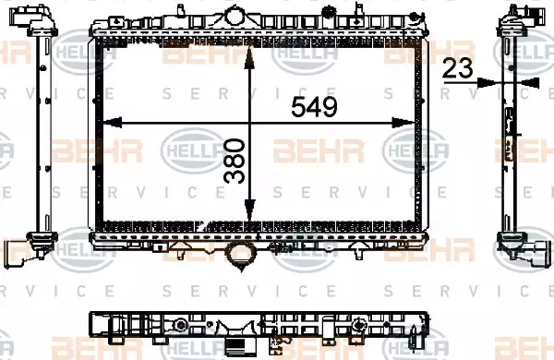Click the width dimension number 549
pos(315,107)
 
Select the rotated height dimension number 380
pos(235,162)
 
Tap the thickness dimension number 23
pos(457,68)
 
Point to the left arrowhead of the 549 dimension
pos(112,123)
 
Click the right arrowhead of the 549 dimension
pos(403,123)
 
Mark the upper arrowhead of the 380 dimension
pos(250,57)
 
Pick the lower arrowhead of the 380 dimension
pos(250,210)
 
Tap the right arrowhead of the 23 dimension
pos(531,83)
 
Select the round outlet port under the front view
pos(241,255)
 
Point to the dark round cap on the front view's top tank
pos(329,11)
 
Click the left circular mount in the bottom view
pos(181,325)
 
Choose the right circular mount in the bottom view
pos(359,325)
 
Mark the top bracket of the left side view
pos(33,19)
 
